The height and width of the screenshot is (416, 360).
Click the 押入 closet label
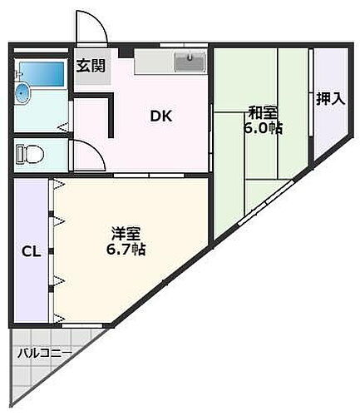pyautogui.click(x=330, y=98)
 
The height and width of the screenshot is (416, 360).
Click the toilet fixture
pyautogui.click(x=28, y=155)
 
